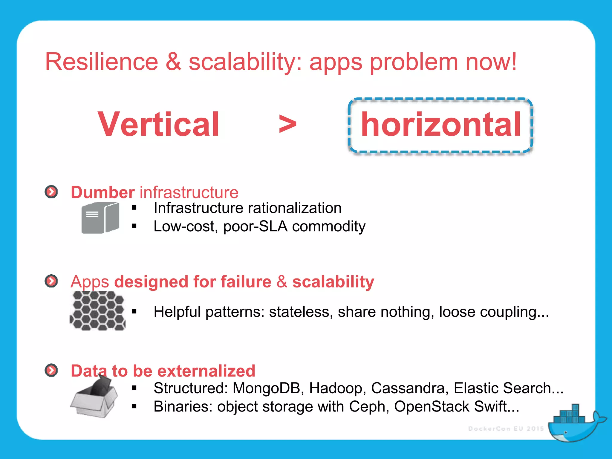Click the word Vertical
point(159,124)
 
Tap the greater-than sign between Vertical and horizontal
point(287,124)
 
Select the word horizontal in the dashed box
point(441,124)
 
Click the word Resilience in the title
point(101,62)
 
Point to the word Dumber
point(102,192)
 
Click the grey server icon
point(100,218)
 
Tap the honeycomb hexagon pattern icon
point(97,311)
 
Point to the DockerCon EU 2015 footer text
point(506,429)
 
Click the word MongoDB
point(266,388)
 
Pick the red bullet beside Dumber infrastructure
point(51,192)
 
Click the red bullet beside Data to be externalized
point(51,370)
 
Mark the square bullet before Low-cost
point(134,227)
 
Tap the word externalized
point(206,371)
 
